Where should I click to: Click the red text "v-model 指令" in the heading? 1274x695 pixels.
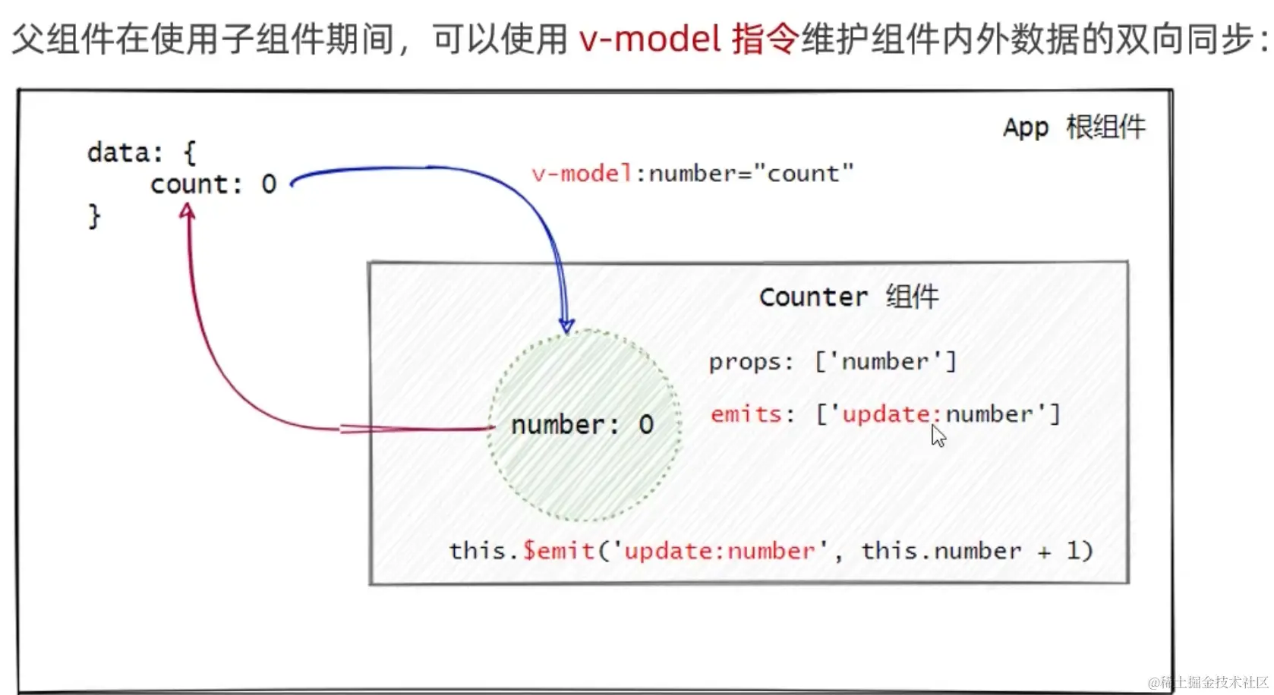click(x=687, y=39)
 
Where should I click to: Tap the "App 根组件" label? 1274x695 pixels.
click(x=1074, y=127)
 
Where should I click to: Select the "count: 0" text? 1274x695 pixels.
click(x=213, y=184)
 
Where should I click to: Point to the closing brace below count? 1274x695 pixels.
click(x=94, y=216)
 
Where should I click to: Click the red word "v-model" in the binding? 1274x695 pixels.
click(x=582, y=174)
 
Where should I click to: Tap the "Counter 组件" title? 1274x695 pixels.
click(x=849, y=297)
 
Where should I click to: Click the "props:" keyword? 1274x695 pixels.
click(x=751, y=362)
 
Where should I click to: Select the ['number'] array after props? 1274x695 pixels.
click(x=885, y=362)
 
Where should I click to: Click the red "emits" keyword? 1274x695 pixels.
click(x=746, y=414)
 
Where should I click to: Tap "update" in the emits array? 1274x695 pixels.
click(x=885, y=414)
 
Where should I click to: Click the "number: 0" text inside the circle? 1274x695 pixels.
click(x=582, y=425)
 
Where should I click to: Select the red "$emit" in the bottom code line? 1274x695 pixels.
click(x=559, y=550)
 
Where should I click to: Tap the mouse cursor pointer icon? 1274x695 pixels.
click(x=938, y=436)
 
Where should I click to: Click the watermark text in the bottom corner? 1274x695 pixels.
click(x=1209, y=682)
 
